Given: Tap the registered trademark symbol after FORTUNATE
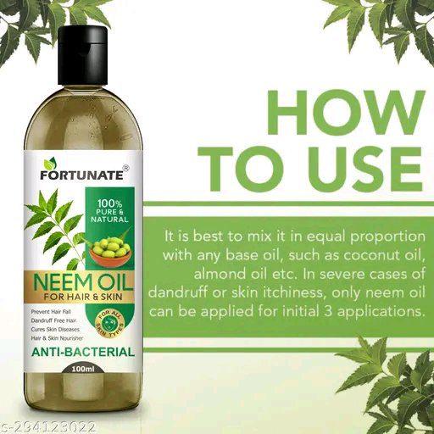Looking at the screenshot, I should pyautogui.click(x=125, y=168).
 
